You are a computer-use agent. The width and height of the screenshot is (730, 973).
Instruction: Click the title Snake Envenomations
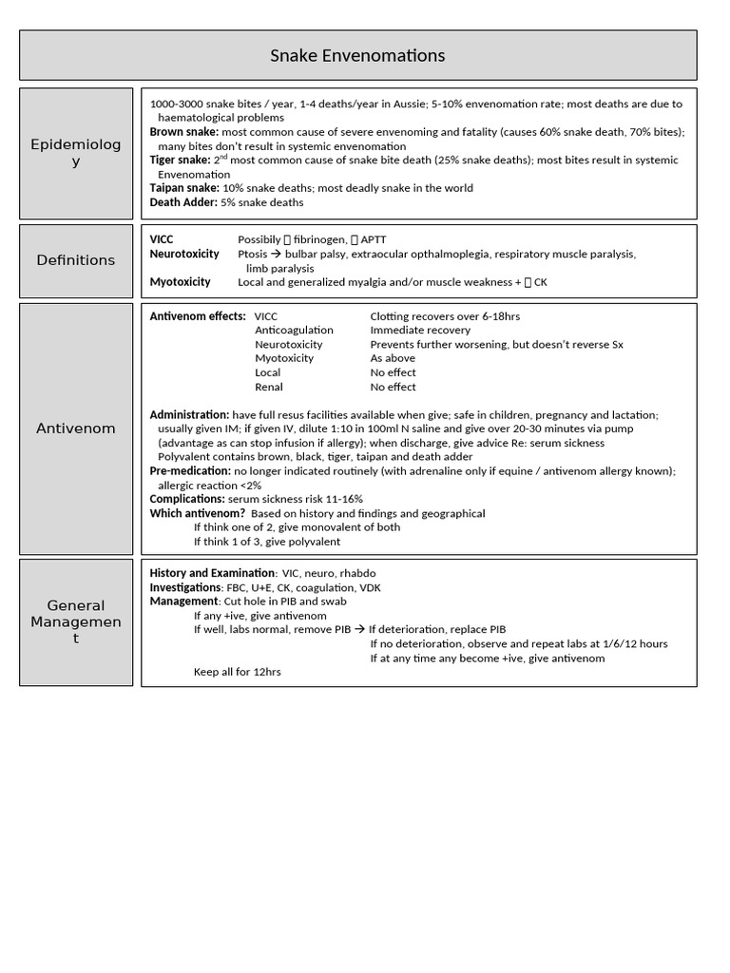(x=357, y=56)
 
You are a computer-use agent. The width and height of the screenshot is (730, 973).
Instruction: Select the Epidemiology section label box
(x=76, y=153)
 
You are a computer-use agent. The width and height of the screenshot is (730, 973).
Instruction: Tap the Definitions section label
(x=76, y=260)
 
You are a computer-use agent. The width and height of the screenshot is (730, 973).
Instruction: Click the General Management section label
(x=76, y=621)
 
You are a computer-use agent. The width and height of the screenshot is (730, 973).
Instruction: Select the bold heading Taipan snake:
(x=184, y=188)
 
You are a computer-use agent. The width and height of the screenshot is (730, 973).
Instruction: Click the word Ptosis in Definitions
(x=254, y=254)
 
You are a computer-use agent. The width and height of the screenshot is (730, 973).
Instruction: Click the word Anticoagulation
(x=294, y=330)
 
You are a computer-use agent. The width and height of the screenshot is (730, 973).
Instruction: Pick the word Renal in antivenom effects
(x=268, y=387)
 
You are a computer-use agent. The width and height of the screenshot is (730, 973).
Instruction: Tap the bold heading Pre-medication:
(x=190, y=471)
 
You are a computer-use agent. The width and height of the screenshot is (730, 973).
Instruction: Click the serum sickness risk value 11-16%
(x=343, y=499)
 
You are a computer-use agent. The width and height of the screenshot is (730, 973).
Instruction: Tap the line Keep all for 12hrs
(x=238, y=672)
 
